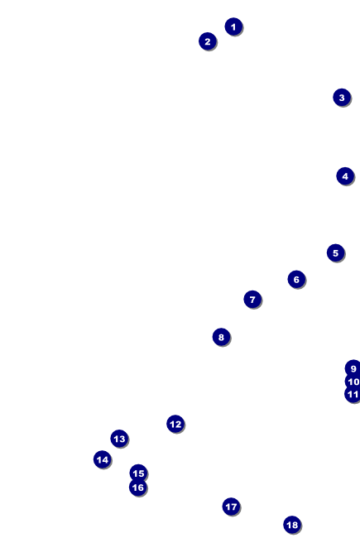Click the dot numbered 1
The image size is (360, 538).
(233, 26)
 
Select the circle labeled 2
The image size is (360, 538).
(207, 41)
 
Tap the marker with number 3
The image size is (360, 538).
(342, 98)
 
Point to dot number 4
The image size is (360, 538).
(345, 176)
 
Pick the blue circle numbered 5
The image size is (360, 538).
(335, 253)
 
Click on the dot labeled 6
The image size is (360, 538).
(296, 279)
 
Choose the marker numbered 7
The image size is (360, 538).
(252, 300)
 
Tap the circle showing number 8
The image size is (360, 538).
(221, 337)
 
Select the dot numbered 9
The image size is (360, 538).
(353, 368)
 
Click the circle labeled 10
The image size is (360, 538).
(353, 382)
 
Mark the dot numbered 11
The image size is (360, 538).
(353, 394)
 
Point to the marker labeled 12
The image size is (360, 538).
(175, 424)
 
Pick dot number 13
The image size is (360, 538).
(119, 439)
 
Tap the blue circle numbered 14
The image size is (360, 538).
(103, 459)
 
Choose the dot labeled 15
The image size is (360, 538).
(138, 473)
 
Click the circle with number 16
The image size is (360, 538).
(138, 488)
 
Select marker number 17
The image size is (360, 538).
(231, 507)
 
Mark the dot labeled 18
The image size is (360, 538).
(292, 525)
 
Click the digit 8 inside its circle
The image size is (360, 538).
(221, 337)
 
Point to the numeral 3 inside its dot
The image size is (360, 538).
(342, 98)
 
